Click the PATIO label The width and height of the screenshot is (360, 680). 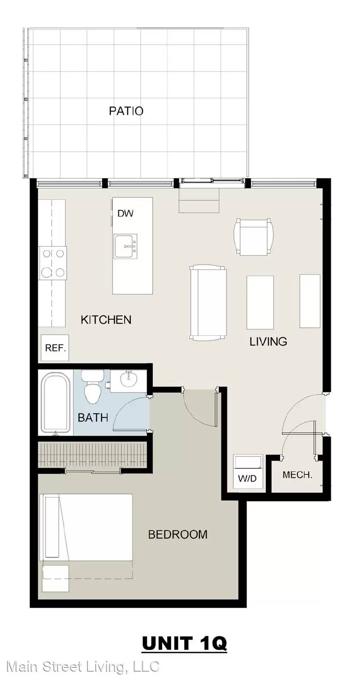126,111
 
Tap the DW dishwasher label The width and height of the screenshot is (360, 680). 125,213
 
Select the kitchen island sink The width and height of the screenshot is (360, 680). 125,246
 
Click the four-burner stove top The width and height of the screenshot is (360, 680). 53,263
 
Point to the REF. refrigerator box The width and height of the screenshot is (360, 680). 55,348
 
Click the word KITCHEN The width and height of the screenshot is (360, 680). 106,320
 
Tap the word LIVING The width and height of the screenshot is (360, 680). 268,342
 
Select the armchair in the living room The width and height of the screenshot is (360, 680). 253,237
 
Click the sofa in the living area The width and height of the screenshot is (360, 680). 208,302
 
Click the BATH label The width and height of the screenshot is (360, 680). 93,418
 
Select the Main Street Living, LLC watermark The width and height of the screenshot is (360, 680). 82,667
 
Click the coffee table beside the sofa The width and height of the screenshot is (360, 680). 260,302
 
